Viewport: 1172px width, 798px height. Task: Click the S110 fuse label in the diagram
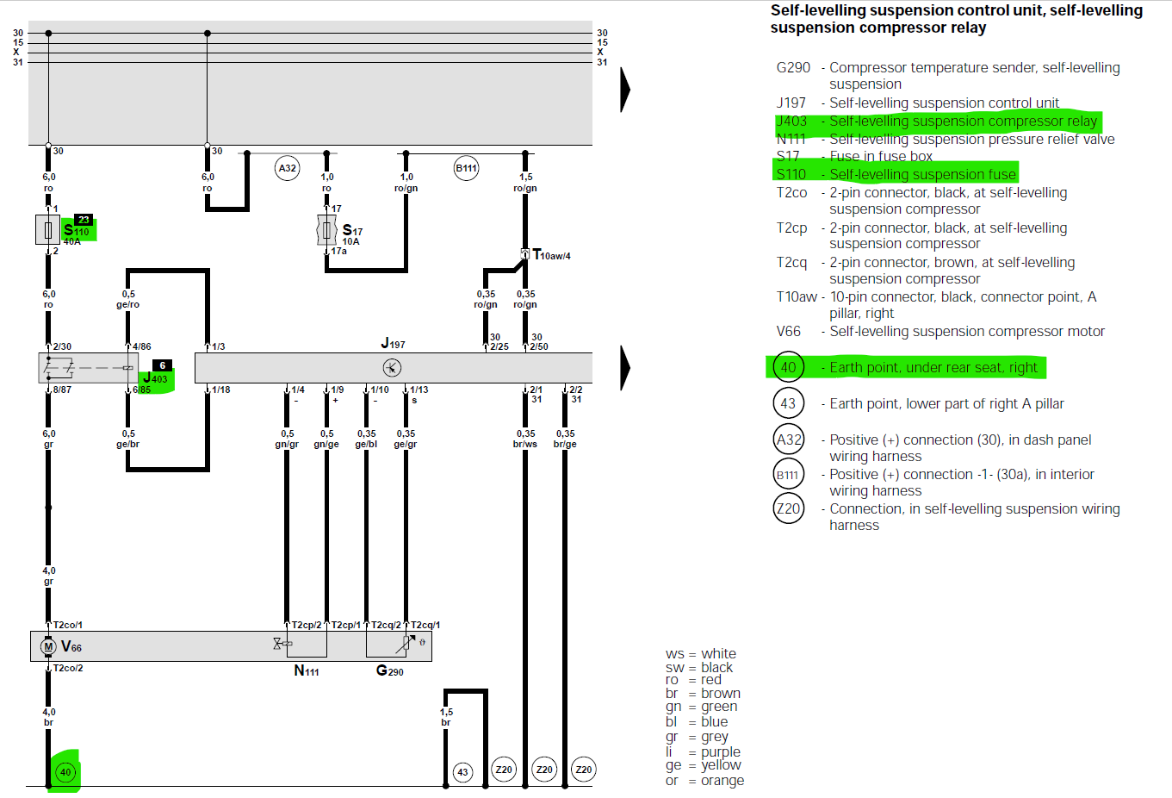77,231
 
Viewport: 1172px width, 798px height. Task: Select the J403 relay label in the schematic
156,378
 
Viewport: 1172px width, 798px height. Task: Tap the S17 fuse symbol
326,230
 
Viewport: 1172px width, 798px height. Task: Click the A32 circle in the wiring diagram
287,168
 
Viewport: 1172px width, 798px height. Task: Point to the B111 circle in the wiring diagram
466,168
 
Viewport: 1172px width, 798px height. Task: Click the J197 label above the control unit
393,344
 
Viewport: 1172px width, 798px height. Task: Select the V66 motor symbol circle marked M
48,646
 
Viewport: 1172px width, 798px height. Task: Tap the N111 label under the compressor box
307,670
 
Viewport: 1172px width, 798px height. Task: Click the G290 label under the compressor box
389,670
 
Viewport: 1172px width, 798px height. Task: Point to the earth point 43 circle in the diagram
462,771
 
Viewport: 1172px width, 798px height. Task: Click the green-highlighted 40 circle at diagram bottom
65,772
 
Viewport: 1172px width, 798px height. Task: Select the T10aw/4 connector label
551,255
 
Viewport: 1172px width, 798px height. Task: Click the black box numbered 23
84,220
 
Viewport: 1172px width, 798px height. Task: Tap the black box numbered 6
162,365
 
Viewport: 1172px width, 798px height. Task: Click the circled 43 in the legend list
788,403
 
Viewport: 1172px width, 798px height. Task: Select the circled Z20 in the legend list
788,508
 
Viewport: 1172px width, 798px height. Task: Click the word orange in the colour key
722,781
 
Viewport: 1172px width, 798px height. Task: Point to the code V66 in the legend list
788,332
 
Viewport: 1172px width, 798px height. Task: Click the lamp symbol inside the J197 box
392,368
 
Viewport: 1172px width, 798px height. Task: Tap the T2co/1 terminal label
67,625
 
